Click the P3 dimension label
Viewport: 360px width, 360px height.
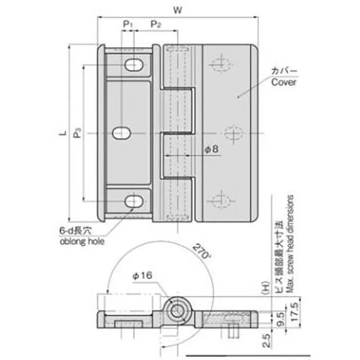[x=77, y=133]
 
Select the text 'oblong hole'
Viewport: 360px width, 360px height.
[x=82, y=242]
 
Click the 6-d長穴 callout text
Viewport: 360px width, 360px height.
[x=75, y=231]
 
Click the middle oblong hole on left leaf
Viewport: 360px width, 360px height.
[x=121, y=133]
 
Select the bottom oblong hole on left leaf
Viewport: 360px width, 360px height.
[x=135, y=201]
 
